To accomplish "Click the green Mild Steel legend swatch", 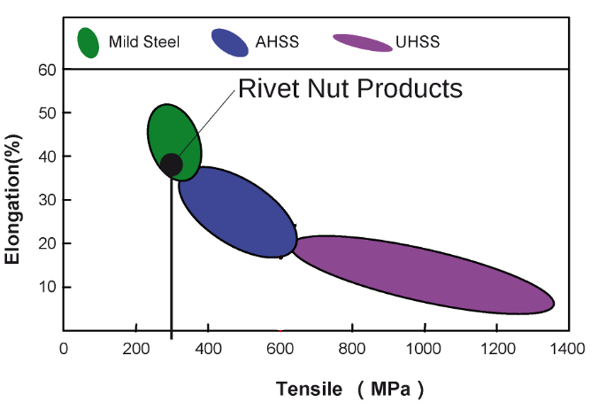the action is pos(88,42).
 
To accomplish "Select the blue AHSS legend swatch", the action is pos(230,42).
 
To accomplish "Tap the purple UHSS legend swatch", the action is pos(362,42).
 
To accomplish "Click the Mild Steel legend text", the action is pos(144,42).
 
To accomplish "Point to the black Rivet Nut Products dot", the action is pos(172,165).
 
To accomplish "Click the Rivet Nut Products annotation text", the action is pos(350,88).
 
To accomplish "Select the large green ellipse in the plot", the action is pos(174,142).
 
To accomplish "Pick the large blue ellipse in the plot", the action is pos(238,212).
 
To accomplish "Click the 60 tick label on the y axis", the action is pos(47,70).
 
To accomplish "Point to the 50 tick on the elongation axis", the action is pos(47,113).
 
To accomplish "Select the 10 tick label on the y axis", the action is pos(47,287).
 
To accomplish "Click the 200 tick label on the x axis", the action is pos(136,349).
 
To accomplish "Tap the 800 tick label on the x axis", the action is pos(352,349).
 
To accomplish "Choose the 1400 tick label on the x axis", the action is pos(568,349).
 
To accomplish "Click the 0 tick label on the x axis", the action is pos(64,349).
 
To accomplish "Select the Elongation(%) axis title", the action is pos(12,199).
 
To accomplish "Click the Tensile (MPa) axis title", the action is pos(350,389).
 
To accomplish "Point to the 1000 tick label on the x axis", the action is pos(424,349).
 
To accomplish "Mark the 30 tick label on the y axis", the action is pos(47,200).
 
